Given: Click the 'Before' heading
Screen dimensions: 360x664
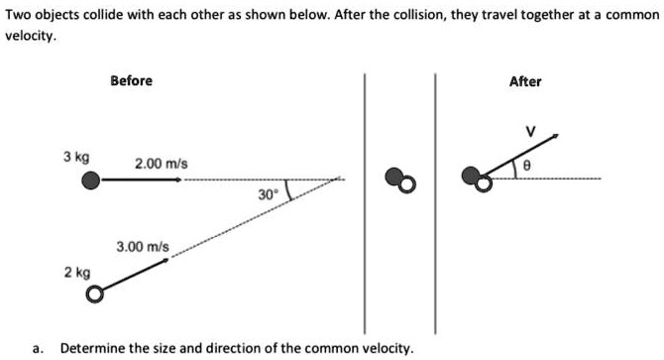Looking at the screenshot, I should [131, 80].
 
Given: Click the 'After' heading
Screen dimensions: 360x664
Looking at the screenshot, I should [525, 81].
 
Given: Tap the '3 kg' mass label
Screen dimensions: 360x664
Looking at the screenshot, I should [76, 157].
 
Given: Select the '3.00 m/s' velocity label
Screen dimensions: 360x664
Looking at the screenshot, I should [144, 245].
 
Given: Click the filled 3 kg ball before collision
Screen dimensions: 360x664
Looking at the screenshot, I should [91, 180].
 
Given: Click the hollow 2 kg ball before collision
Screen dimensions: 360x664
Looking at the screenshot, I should [94, 295].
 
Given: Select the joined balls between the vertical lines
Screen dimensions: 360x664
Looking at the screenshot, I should [398, 180].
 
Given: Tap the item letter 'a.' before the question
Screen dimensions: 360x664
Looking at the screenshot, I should [38, 349].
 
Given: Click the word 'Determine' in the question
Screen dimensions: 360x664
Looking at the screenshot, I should [94, 349].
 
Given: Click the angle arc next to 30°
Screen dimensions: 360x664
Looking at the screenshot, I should [286, 190].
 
